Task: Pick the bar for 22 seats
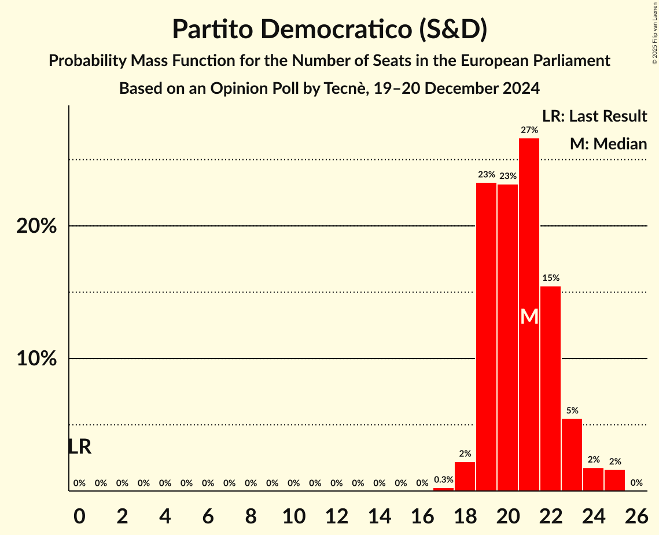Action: point(550,389)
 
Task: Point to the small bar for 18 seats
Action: point(465,477)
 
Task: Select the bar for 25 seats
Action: point(614,481)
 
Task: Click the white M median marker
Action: point(529,316)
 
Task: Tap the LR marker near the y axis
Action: point(79,447)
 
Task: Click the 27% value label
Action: point(529,130)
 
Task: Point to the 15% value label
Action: point(550,278)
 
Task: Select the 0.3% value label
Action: point(443,479)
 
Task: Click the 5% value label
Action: point(572,411)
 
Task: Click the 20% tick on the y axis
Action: point(36,226)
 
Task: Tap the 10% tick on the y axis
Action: point(36,359)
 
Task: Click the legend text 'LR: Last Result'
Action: point(594,116)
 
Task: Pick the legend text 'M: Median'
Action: point(608,144)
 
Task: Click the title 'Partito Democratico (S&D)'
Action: point(330,30)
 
